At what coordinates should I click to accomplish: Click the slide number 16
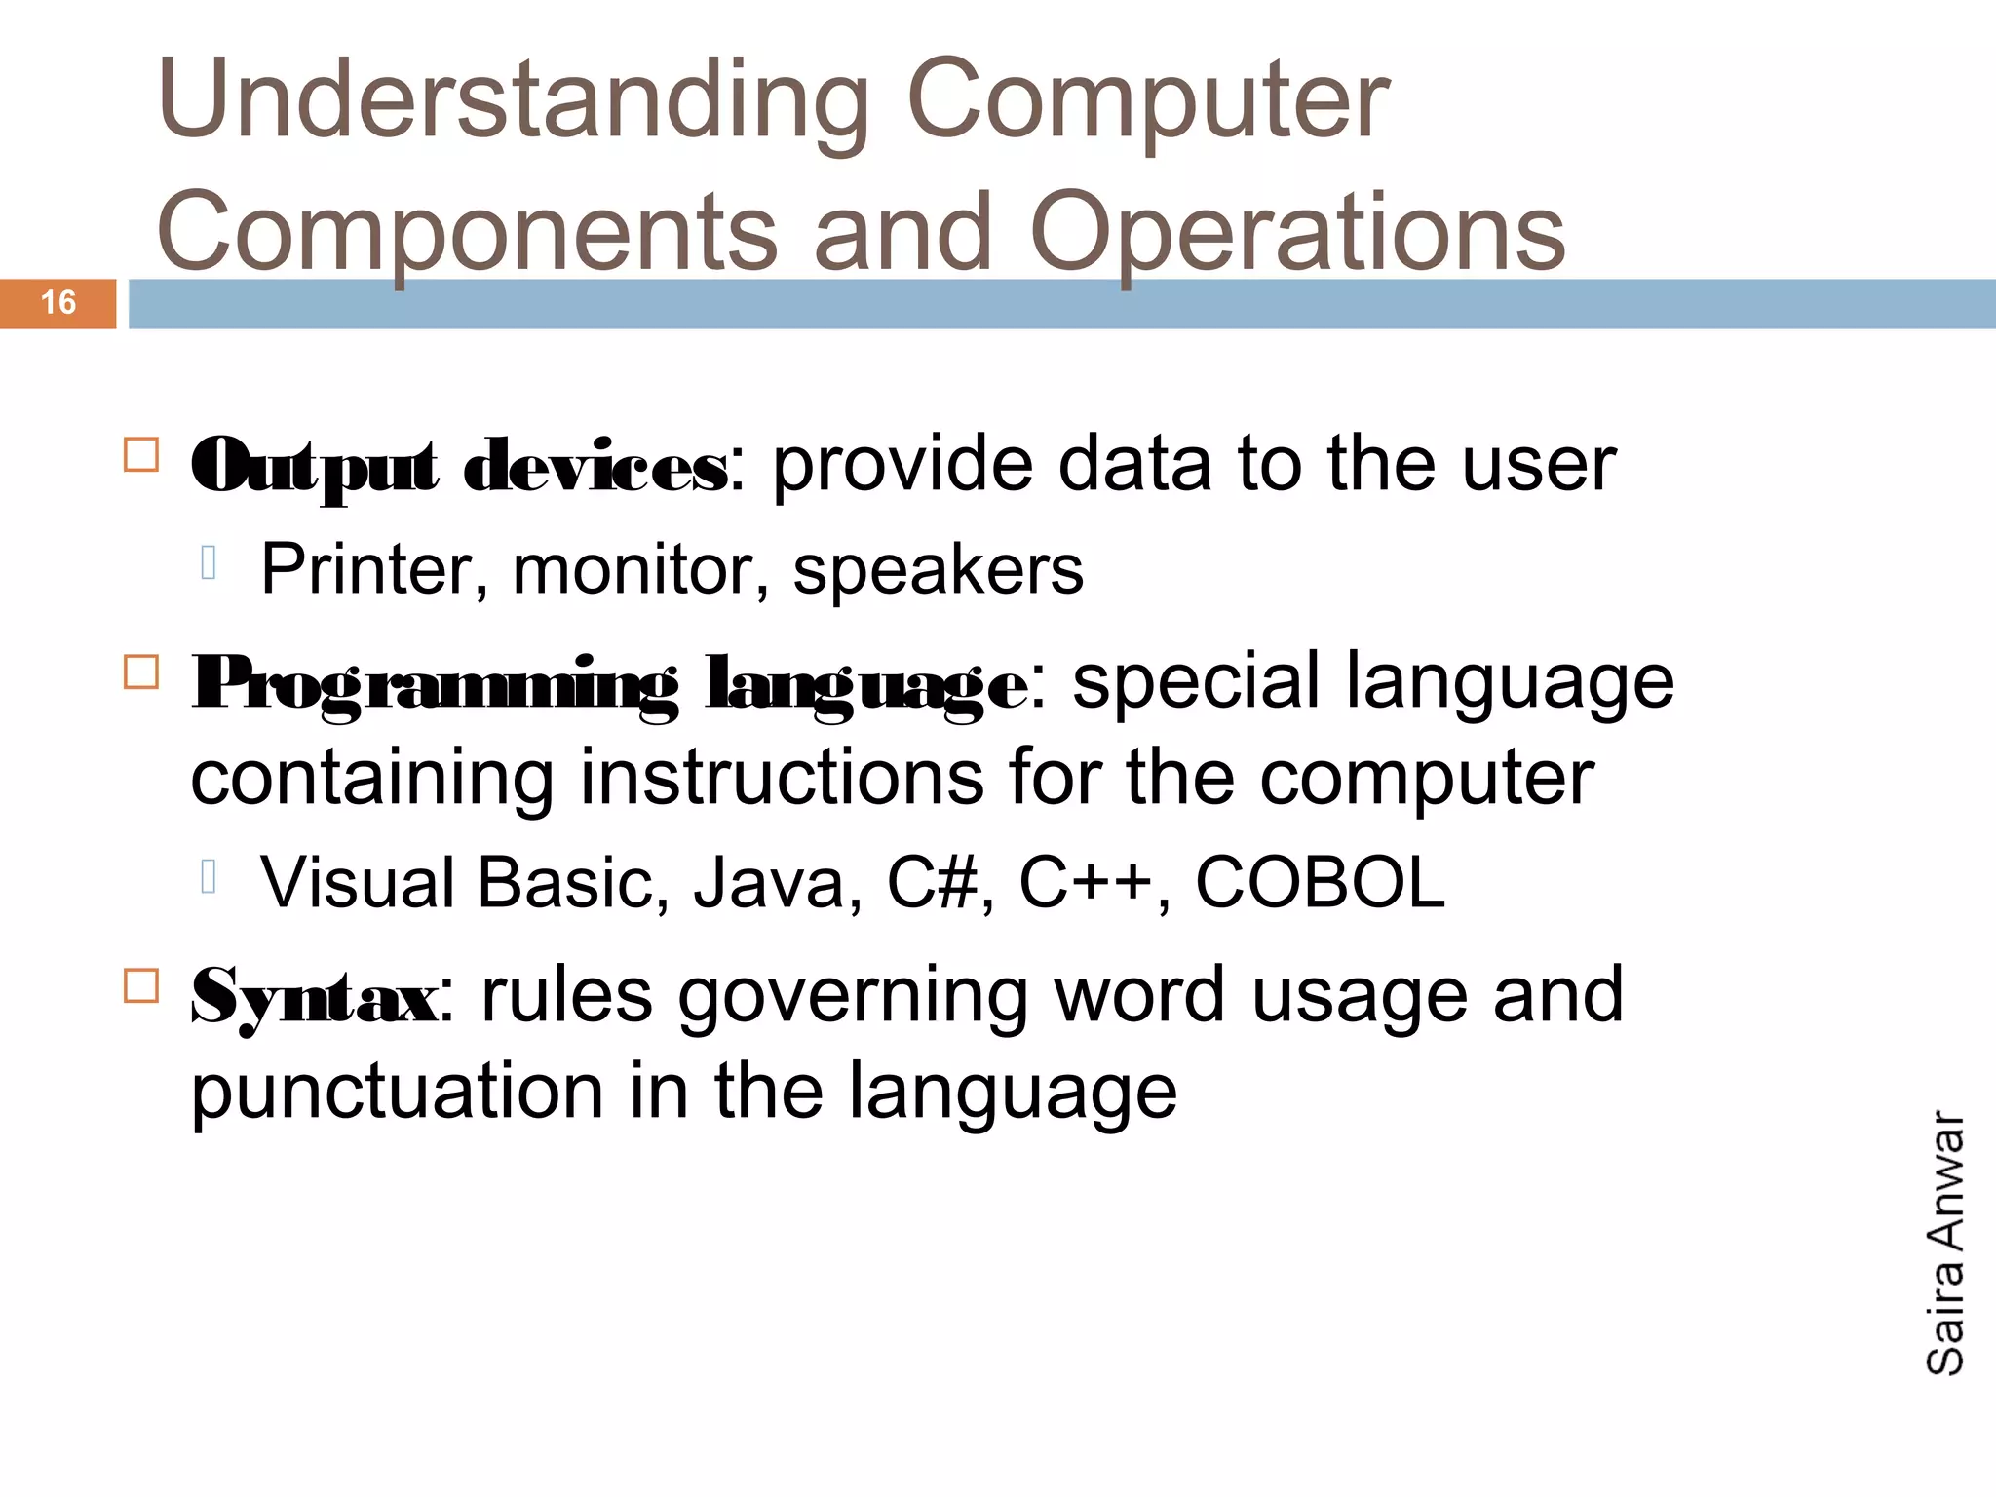58,303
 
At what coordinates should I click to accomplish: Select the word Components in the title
466,234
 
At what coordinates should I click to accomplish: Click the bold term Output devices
458,467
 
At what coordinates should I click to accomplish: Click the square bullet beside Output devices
141,455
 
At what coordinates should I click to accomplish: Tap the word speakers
938,569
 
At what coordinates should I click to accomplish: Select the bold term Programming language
609,684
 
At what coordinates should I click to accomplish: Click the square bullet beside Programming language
141,672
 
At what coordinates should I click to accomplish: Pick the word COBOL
1320,883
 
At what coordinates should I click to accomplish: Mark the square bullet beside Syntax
141,986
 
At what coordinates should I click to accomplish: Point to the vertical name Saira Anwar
1945,1243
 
